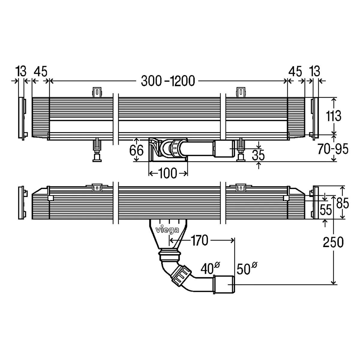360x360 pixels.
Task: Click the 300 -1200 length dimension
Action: coord(168,81)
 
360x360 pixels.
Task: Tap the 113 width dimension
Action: coord(334,116)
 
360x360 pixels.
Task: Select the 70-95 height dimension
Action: coord(333,149)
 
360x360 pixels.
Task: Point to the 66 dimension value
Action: coord(136,150)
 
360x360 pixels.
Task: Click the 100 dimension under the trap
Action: coord(168,173)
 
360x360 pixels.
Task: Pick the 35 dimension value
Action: coord(258,155)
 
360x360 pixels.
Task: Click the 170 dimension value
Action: coord(199,240)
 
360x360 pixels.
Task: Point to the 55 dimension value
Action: coord(326,209)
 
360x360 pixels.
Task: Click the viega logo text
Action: coord(167,230)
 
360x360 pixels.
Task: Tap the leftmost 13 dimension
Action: coord(21,71)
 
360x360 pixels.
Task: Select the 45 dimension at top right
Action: coord(295,71)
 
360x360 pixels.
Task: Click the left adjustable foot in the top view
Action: coord(97,150)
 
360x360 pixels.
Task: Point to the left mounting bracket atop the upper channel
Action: coord(97,92)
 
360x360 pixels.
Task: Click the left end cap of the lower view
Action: coord(23,202)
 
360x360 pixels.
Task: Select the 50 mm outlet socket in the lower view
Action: coord(224,284)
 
